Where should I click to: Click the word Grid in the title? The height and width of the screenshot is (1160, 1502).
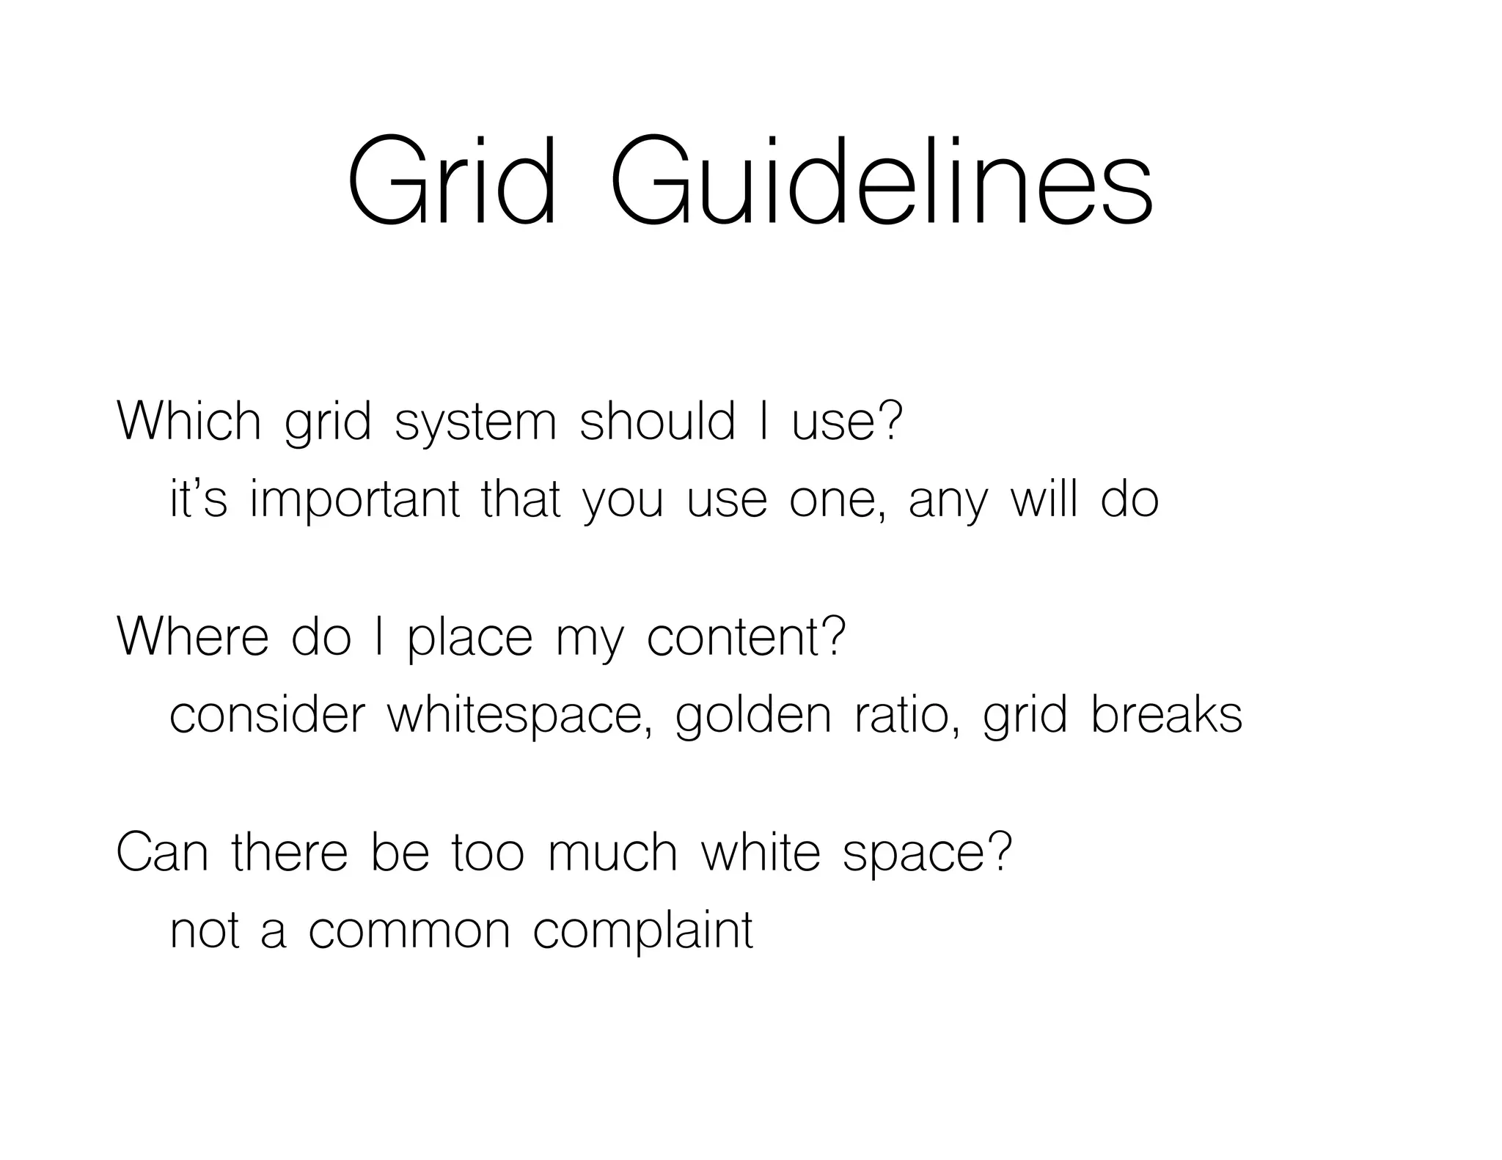pyautogui.click(x=450, y=181)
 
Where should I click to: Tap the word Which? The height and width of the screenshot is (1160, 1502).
pyautogui.click(x=188, y=422)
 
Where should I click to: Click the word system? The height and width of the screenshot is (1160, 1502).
pyautogui.click(x=475, y=425)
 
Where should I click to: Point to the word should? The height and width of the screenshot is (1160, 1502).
pyautogui.click(x=656, y=422)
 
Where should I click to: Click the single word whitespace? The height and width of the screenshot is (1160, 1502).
pyautogui.click(x=519, y=716)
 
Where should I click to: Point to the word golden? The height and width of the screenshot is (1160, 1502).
pyautogui.click(x=752, y=716)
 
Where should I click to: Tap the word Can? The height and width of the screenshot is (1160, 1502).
pyautogui.click(x=162, y=852)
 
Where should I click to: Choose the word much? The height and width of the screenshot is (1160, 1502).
pyautogui.click(x=612, y=852)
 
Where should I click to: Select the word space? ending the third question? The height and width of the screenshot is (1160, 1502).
pyautogui.click(x=927, y=855)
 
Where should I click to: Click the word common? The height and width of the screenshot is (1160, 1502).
pyautogui.click(x=409, y=932)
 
